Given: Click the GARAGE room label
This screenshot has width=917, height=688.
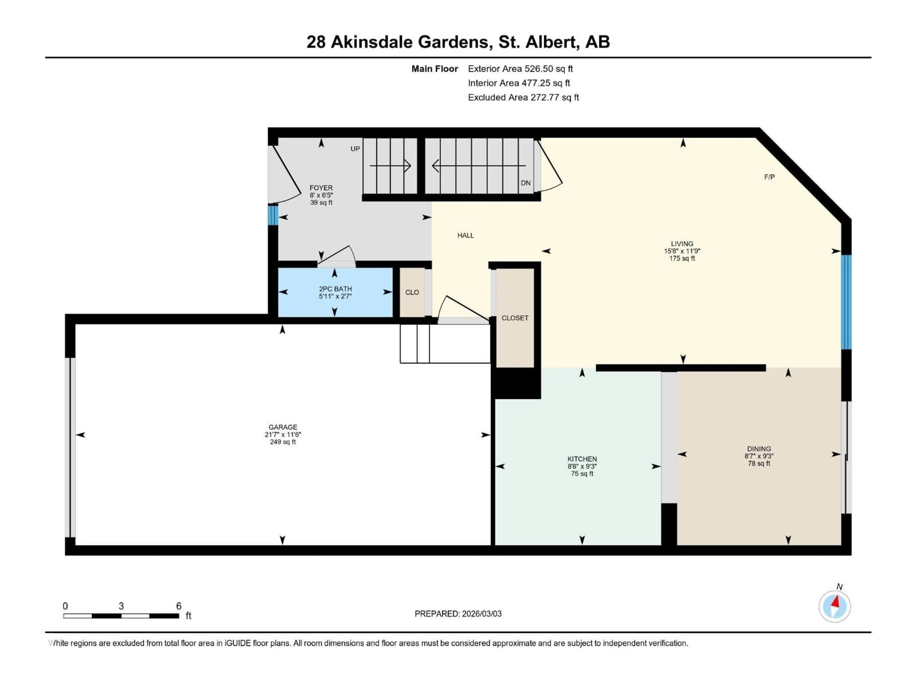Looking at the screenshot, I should click(x=283, y=427).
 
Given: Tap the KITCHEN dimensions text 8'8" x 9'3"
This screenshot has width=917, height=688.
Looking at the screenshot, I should click(x=582, y=466).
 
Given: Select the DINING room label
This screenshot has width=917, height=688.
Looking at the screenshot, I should click(x=759, y=448).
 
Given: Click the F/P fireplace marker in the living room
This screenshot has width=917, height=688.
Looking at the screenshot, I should click(x=769, y=177).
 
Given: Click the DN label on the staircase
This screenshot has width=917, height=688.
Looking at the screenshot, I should click(x=525, y=183).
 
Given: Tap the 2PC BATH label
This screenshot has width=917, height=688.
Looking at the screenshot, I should click(x=335, y=289).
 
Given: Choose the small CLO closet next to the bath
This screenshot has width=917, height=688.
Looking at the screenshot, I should click(x=412, y=292).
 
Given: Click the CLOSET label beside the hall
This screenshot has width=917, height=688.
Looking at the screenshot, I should click(x=515, y=318).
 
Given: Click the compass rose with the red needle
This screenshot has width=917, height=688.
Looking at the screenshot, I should click(x=835, y=606).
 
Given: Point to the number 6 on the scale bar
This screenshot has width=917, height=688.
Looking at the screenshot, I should click(x=179, y=606).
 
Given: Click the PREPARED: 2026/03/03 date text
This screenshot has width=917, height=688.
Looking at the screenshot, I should click(x=458, y=614).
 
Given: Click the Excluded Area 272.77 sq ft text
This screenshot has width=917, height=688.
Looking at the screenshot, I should click(x=523, y=97).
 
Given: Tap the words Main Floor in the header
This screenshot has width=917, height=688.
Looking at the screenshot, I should click(x=434, y=69).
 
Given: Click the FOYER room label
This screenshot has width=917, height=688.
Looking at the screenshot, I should click(x=321, y=188).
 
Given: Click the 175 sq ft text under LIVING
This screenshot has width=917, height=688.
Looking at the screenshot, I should click(x=682, y=258).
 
